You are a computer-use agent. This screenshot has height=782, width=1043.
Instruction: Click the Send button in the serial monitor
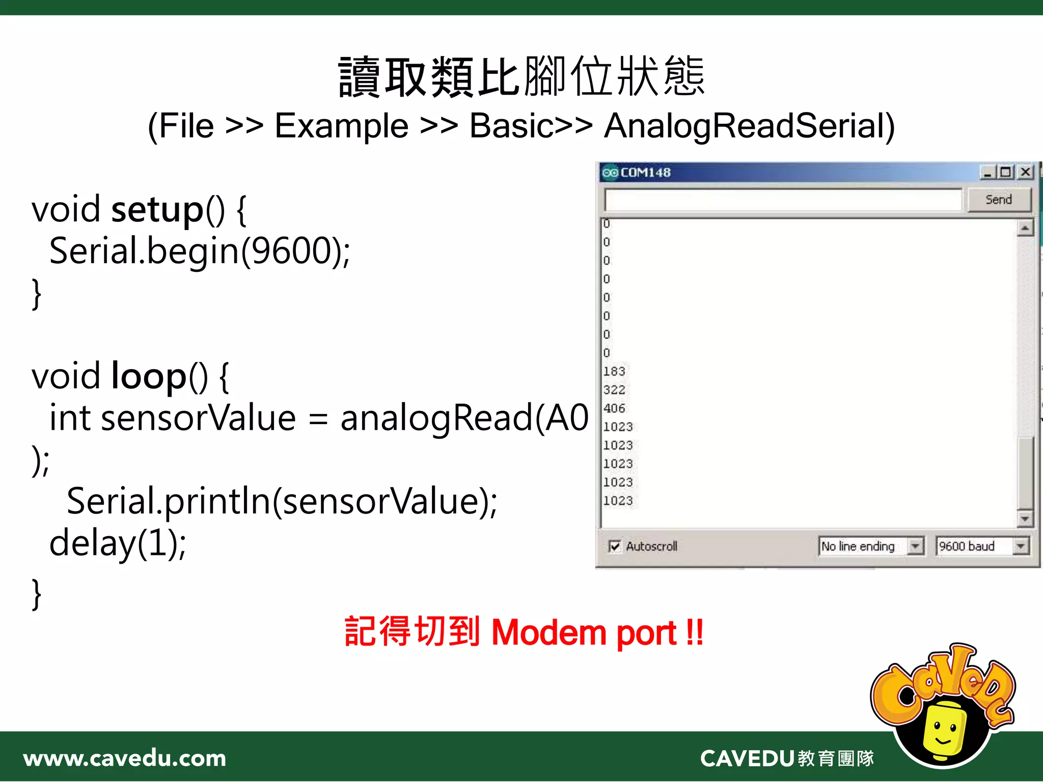pyautogui.click(x=998, y=200)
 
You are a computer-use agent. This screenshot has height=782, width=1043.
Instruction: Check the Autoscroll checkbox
pyautogui.click(x=615, y=546)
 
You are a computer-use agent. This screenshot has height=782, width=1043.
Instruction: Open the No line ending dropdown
pyautogui.click(x=915, y=546)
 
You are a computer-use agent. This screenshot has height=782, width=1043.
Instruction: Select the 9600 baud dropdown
pyautogui.click(x=1020, y=546)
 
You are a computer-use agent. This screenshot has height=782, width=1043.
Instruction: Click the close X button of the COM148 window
pyautogui.click(x=1025, y=172)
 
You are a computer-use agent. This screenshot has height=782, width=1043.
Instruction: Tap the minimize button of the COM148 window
pyautogui.click(x=987, y=172)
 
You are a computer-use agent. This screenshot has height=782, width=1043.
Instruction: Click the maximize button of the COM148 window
pyautogui.click(x=1006, y=172)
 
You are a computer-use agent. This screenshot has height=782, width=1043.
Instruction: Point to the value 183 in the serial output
pyautogui.click(x=614, y=371)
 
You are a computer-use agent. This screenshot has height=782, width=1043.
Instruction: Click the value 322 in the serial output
pyautogui.click(x=614, y=390)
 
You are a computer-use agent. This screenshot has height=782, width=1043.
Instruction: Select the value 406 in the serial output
pyautogui.click(x=614, y=408)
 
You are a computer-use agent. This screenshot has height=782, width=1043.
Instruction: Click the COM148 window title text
pyautogui.click(x=645, y=173)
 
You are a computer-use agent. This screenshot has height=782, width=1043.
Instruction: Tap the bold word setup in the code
pyautogui.click(x=157, y=209)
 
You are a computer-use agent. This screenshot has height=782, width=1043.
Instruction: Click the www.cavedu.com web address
pyautogui.click(x=125, y=759)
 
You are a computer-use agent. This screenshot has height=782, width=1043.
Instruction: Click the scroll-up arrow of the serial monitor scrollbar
pyautogui.click(x=1025, y=228)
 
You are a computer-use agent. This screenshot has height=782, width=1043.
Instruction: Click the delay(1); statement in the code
pyautogui.click(x=118, y=543)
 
